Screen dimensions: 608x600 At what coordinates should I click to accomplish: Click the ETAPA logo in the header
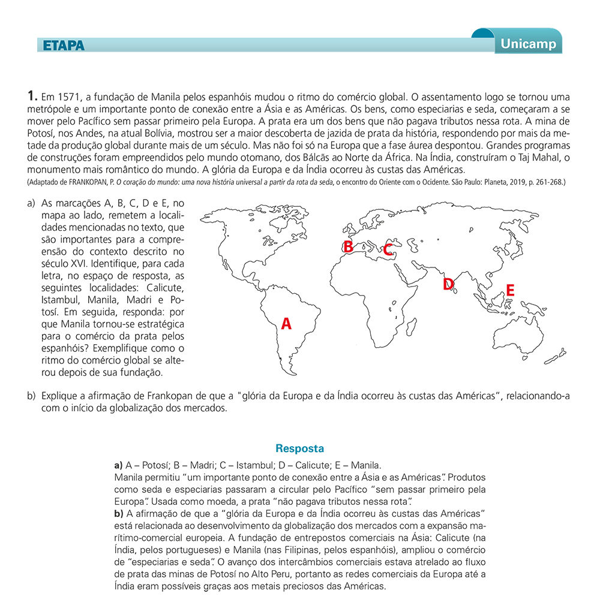click(64, 46)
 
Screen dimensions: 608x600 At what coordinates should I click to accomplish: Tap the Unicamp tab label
click(528, 44)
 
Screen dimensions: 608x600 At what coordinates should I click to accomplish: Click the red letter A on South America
click(286, 324)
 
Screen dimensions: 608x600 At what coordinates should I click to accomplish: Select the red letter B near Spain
click(347, 246)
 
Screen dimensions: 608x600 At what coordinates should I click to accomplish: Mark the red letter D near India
click(448, 284)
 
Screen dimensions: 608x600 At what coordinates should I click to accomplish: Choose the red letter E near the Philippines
click(510, 290)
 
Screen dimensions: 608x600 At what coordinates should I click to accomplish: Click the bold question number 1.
click(32, 95)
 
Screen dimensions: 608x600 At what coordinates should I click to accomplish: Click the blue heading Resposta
click(299, 449)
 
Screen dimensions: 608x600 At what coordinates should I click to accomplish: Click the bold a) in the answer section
click(118, 465)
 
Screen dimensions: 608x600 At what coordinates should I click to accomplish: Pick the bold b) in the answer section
click(118, 513)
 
